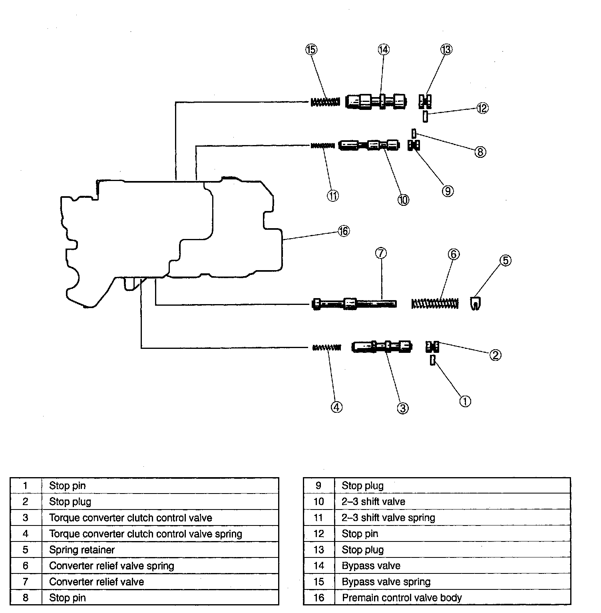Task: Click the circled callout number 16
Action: tap(343, 231)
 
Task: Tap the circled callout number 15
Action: tap(311, 50)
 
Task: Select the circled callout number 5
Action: tap(505, 261)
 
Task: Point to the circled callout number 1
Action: tap(465, 401)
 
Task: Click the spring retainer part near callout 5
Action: tap(475, 304)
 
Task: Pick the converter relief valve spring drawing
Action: tap(435, 304)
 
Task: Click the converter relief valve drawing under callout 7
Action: tap(354, 304)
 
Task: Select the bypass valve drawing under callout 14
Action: tap(376, 101)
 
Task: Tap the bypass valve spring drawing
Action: tap(325, 102)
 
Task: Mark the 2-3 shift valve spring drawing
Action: tap(323, 145)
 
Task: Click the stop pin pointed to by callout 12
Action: tap(426, 117)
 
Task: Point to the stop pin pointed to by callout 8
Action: tap(414, 133)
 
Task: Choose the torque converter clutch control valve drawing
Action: tap(382, 346)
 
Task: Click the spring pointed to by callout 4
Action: tap(326, 347)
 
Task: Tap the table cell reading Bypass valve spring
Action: tap(386, 582)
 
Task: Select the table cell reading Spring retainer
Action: tap(82, 550)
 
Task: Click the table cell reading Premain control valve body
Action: tap(402, 598)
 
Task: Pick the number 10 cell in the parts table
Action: tap(318, 502)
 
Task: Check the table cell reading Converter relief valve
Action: tap(96, 582)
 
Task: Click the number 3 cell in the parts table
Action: tap(26, 518)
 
